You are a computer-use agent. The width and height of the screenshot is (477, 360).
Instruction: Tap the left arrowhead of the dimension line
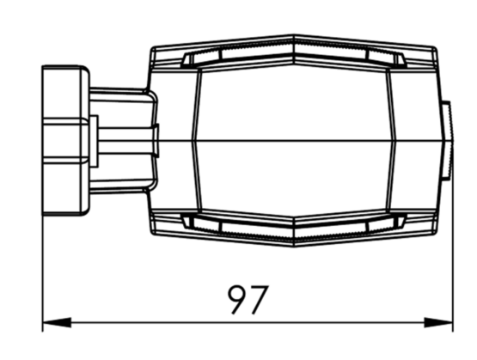[57, 322]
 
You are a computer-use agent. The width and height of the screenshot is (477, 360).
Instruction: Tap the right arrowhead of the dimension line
[438, 322]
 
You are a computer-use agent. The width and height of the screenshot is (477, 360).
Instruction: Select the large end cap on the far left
[65, 140]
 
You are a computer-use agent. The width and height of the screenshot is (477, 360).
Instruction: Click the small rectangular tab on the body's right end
[446, 140]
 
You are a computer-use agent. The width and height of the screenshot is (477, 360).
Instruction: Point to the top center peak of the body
[294, 35]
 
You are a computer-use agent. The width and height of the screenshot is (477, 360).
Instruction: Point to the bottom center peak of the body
[294, 246]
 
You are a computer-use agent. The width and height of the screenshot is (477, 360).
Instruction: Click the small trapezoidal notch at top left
[187, 58]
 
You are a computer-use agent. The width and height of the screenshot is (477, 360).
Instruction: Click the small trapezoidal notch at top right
[401, 58]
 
